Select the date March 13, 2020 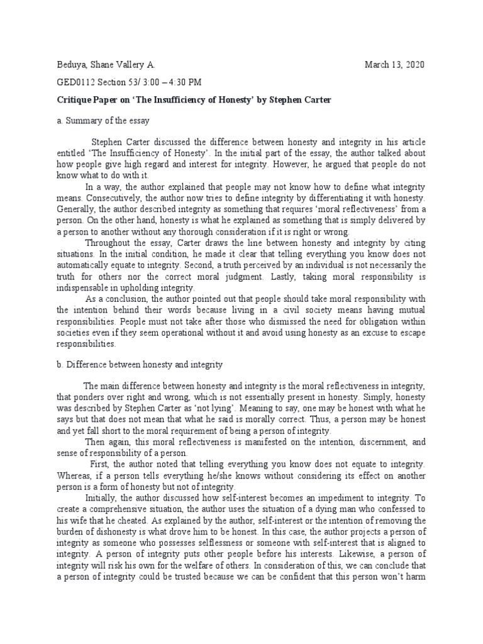click(394, 65)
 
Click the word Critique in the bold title click(76, 99)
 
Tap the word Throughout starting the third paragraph click(109, 243)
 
